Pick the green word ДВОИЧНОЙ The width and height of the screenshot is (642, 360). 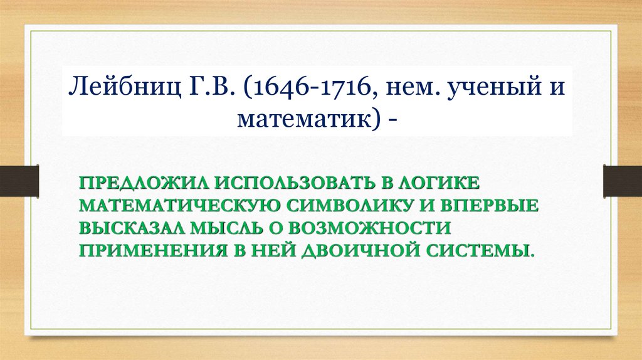350,249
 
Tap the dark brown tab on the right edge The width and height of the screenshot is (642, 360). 623,179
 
